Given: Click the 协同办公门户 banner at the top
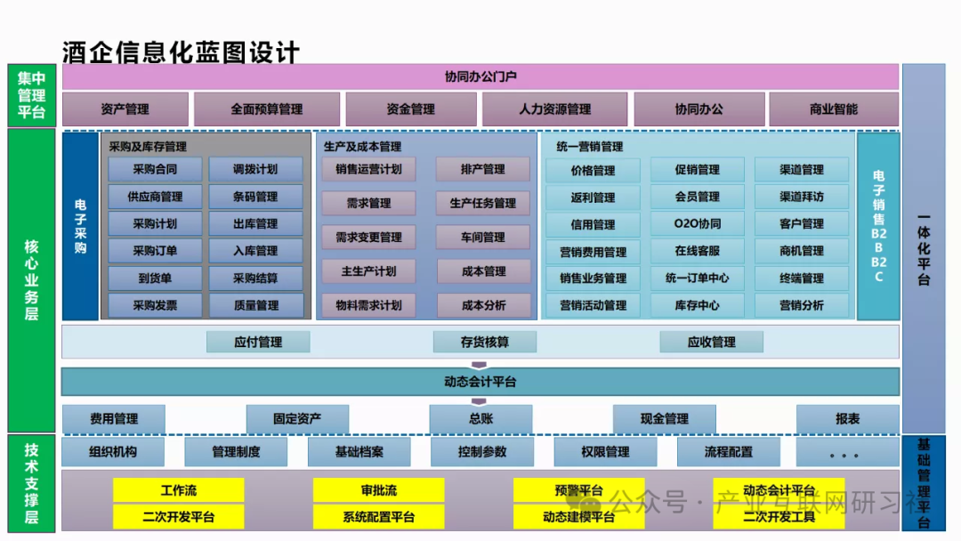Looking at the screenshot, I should coord(480,77).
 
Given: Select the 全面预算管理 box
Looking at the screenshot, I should coord(267,109).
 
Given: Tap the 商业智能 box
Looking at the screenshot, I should coord(834,109).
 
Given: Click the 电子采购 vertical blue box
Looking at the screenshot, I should coord(80,227).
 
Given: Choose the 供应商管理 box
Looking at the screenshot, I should coord(155,197).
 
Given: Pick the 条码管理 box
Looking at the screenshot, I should coord(255,197).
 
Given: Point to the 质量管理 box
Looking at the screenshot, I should coord(255,305).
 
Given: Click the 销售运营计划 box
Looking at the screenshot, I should coord(368,169).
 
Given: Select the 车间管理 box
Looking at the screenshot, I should coord(483,238).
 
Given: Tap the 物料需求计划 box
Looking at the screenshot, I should coord(368,305).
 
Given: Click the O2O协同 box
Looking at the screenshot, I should coord(698,224).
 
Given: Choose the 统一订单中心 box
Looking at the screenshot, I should coord(698,279).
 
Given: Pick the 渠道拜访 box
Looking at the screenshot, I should coord(802,197).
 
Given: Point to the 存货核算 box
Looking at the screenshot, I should coord(485,342).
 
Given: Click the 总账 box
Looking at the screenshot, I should coord(480,418).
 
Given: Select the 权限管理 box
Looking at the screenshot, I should coord(605,452).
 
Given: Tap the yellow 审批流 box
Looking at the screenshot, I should coord(378,490).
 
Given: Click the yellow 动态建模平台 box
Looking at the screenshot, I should coord(578,516).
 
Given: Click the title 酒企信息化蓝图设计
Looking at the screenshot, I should coord(181,52).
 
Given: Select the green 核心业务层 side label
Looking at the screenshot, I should coord(31,279).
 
